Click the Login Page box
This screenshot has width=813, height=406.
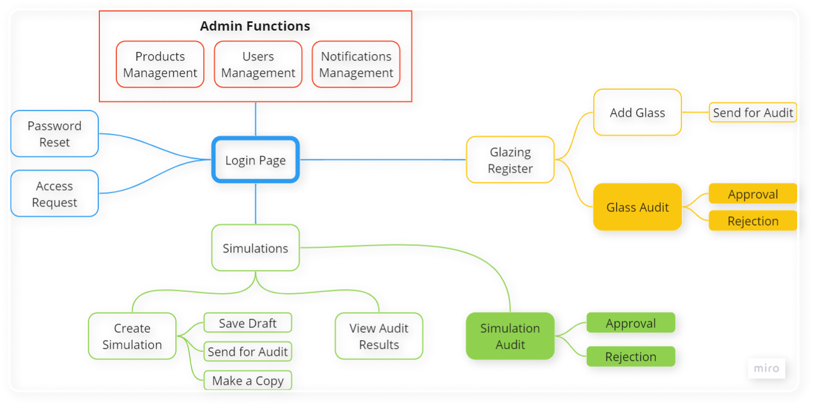256,160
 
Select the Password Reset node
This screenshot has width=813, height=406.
55,134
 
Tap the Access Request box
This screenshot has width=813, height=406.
55,193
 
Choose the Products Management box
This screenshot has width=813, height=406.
160,64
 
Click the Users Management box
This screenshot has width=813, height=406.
258,64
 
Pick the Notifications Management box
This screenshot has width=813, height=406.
356,64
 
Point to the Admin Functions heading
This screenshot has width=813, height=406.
256,26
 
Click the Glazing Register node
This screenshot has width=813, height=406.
510,160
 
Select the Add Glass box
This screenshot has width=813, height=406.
638,113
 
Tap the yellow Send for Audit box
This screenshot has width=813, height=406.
753,113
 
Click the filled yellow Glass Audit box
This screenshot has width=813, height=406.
638,207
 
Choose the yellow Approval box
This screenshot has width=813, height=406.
753,194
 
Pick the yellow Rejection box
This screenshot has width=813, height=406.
753,221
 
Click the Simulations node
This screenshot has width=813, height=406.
256,248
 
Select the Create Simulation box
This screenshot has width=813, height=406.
132,336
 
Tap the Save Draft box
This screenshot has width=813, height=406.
248,323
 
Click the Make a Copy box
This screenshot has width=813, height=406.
248,380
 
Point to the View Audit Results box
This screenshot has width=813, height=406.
379,336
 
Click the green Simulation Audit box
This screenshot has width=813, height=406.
510,336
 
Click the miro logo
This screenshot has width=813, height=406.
767,368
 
